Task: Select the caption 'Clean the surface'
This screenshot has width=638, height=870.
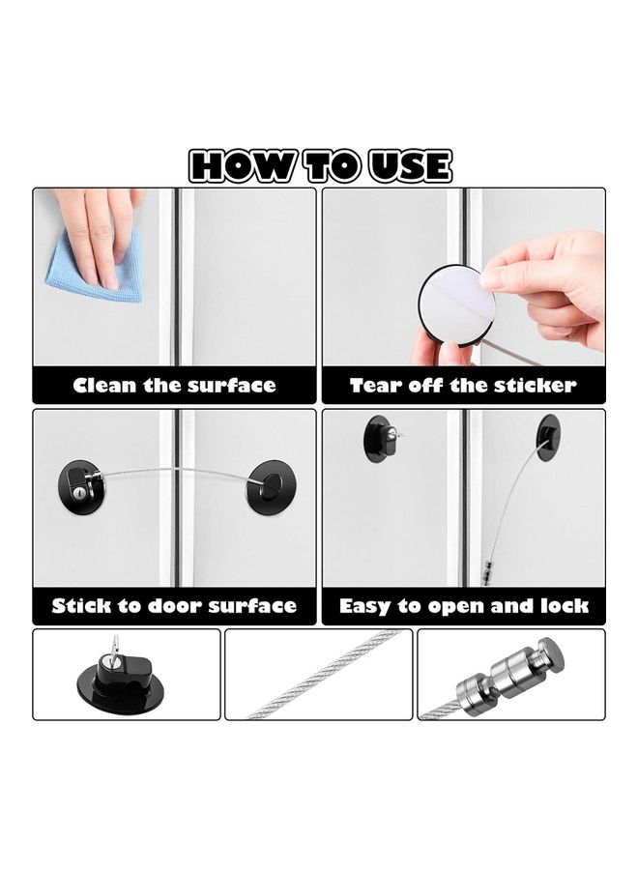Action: coord(174,386)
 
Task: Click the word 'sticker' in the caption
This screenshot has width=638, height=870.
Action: coord(536,386)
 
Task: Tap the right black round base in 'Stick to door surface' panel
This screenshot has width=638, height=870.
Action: coord(270,486)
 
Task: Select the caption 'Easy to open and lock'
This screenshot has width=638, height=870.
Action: coord(464,607)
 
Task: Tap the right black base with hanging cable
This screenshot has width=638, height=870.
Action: coord(548,437)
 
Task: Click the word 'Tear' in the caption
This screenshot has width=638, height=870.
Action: coord(376,386)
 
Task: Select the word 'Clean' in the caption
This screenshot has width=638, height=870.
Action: coord(106,386)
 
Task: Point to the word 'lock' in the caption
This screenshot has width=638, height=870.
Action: coord(565,607)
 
